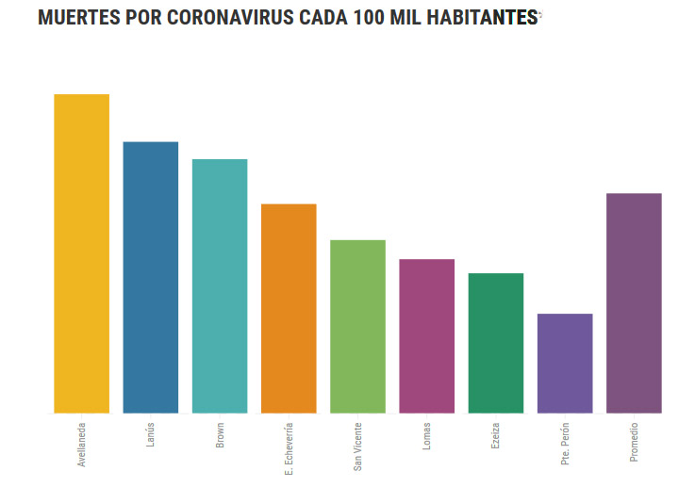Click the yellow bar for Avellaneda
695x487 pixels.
(x=81, y=253)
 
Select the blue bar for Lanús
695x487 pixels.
(x=151, y=277)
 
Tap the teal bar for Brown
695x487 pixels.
(x=220, y=285)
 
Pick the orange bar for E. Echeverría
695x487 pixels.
(x=289, y=308)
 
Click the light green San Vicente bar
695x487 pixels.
(x=357, y=326)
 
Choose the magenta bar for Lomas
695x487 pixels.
(x=426, y=335)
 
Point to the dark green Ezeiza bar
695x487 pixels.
(x=496, y=343)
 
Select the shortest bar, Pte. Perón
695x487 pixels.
(x=565, y=363)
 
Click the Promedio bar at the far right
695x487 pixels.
(x=634, y=302)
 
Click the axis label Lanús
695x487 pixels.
(x=152, y=434)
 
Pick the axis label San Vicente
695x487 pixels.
(x=358, y=445)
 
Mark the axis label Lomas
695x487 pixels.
(x=427, y=435)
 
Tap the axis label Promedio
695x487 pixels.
(x=635, y=442)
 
